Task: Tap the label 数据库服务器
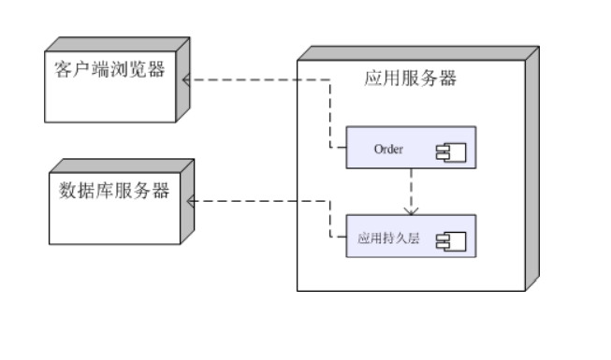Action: (114, 192)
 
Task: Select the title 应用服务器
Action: (410, 79)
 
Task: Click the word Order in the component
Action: (388, 148)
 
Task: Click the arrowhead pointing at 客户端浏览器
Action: (187, 80)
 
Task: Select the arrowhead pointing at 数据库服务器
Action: (191, 201)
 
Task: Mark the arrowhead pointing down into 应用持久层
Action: (410, 210)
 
